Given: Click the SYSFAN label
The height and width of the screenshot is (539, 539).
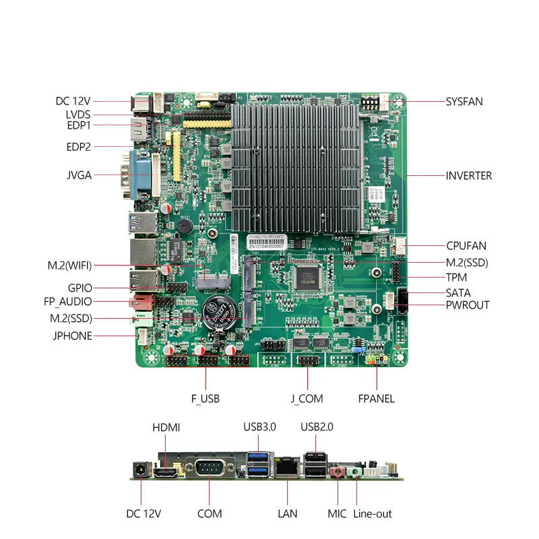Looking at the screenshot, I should pos(464,102).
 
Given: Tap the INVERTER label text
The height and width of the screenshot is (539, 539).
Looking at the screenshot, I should pos(469,176).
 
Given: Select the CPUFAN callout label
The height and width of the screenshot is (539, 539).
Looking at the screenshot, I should pos(466,246).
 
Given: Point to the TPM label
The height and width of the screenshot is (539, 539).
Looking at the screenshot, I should pos(456,277).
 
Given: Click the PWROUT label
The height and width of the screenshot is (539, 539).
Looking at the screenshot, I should pos(468,305).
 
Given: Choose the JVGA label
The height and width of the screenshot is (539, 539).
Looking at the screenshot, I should pos(79,176).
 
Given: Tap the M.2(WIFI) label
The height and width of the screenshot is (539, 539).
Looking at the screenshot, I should pos(69,265).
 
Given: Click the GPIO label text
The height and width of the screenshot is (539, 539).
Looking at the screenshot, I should pos(80,288).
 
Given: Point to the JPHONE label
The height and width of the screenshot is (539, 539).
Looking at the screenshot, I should pos(71,336).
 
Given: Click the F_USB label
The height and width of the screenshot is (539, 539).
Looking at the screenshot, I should pos(205,398).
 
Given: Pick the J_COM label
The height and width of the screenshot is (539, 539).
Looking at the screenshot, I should pos(307,398).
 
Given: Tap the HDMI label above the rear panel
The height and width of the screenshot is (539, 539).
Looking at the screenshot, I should pos(166,427).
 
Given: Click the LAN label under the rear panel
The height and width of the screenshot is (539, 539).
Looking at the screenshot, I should pos(287,513).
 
